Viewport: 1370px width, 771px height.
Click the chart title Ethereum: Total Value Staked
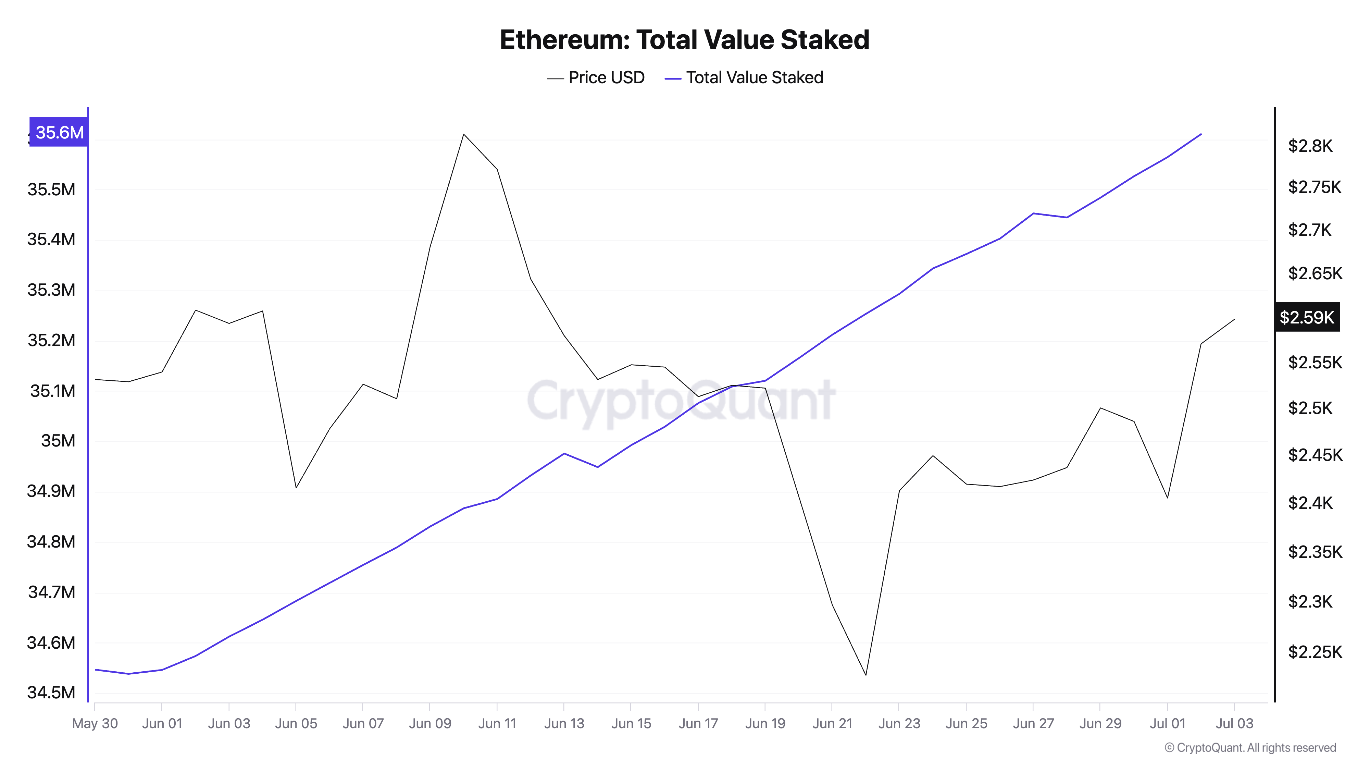click(684, 40)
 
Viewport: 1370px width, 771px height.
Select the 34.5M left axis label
click(51, 692)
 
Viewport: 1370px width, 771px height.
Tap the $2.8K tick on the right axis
click(1310, 145)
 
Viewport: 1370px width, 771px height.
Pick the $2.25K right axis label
click(1315, 652)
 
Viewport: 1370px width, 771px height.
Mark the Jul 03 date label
click(1234, 724)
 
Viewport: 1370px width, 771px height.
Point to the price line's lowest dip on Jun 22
click(866, 675)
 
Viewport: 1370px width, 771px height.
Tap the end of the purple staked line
click(1201, 134)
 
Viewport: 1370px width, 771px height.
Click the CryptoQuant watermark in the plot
click(681, 400)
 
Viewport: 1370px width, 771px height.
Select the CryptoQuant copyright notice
click(1250, 748)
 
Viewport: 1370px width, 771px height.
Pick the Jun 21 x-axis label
click(832, 724)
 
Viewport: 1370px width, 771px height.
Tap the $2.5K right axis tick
click(1310, 408)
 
